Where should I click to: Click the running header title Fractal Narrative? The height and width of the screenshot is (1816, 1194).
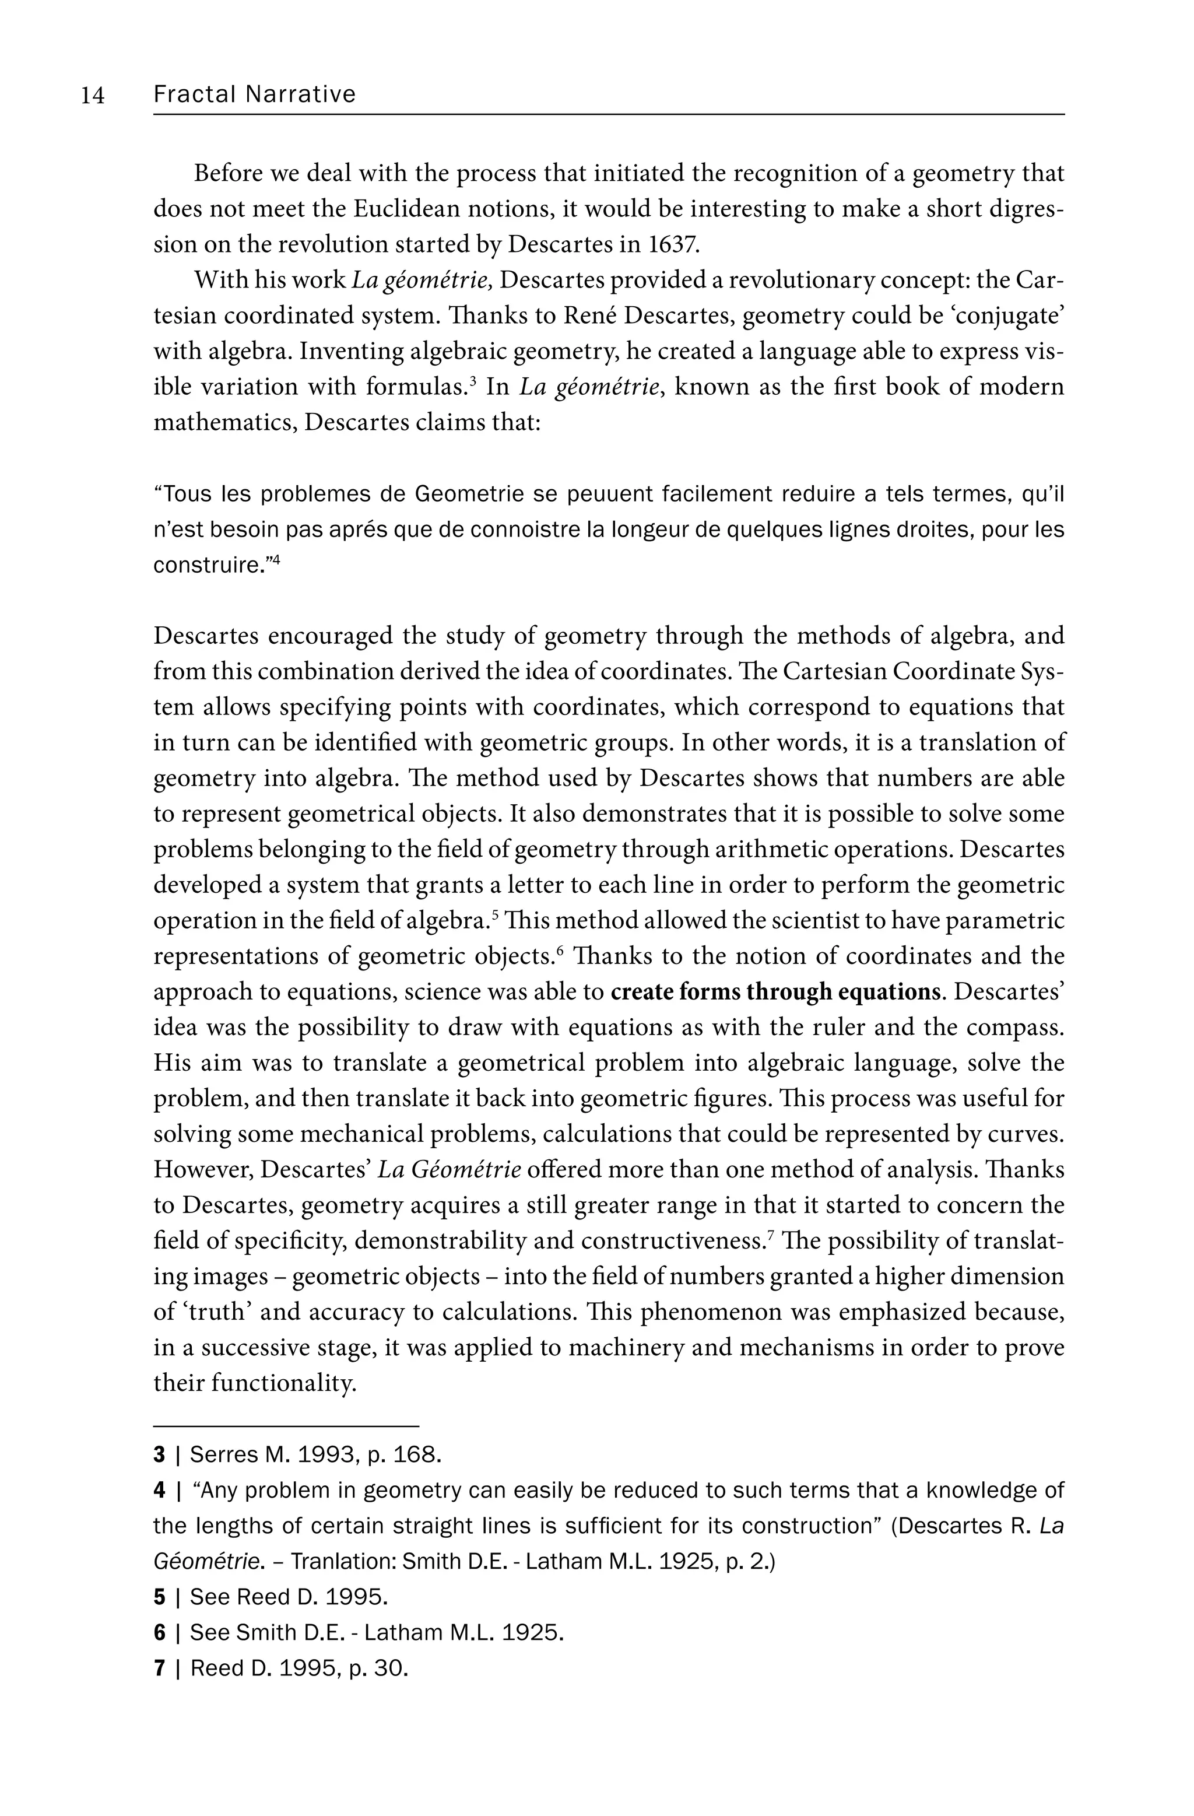point(254,94)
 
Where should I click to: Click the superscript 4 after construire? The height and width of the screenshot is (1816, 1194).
point(276,561)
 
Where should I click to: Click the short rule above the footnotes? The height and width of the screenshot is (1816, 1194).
point(286,1425)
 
